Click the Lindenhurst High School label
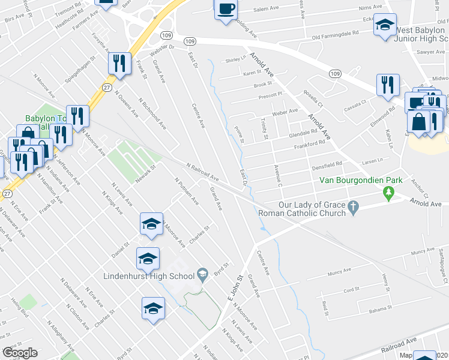coord(140,276)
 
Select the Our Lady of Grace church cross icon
coord(354,207)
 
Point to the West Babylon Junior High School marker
coord(385,26)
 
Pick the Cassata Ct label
coord(355,104)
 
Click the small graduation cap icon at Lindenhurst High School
coord(203,275)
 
